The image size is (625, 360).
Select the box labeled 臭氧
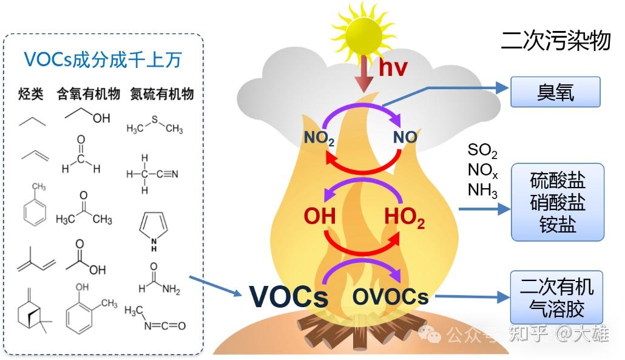coord(555,92)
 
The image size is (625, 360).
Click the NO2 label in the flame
coord(319,138)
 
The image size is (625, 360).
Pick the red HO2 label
coord(404,218)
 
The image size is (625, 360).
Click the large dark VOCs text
coord(289,297)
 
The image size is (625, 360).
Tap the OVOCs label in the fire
coord(391,297)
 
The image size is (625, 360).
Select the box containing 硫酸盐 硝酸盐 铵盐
coord(558,202)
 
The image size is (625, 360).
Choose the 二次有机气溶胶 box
coord(558,297)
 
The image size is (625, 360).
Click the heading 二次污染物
coord(555,41)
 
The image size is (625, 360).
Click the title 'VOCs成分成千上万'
coord(103,59)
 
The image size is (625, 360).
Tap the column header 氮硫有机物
coord(162,94)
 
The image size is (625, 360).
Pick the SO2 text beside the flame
coord(482,150)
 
